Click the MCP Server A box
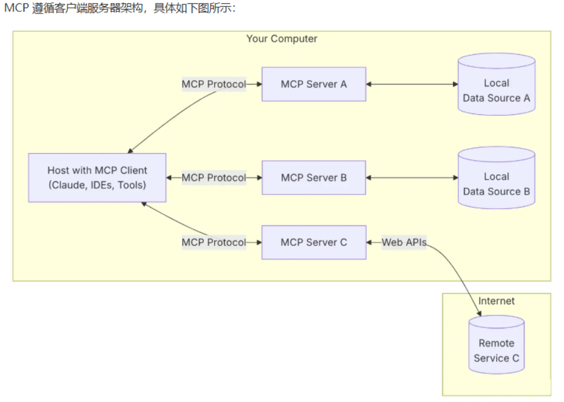[314, 84]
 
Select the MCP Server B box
[314, 178]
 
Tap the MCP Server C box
[314, 242]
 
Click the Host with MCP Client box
[97, 178]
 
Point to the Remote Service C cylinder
[496, 347]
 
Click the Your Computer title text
[281, 39]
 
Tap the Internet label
[496, 301]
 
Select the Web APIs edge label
[404, 243]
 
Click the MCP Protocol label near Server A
[213, 84]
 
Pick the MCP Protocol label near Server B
[213, 178]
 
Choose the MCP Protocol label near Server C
[213, 242]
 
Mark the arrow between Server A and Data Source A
[412, 84]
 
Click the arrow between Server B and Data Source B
[412, 178]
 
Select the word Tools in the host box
[131, 185]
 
